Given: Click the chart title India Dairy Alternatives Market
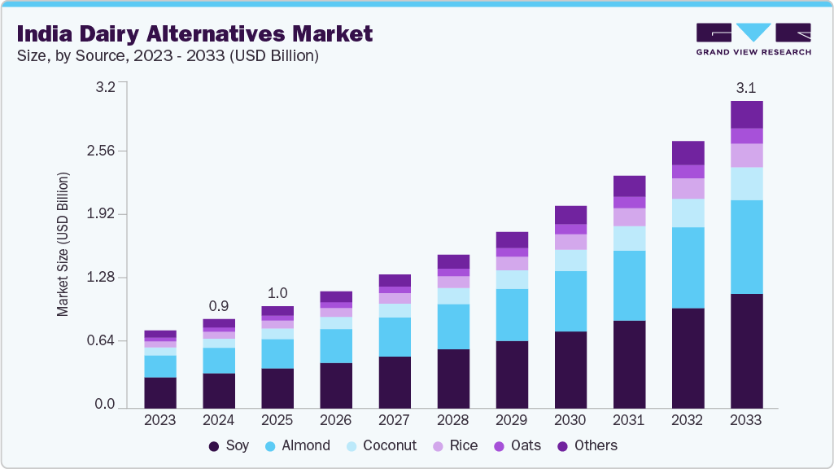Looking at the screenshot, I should coord(194,33).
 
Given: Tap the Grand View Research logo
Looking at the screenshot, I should coord(753,38).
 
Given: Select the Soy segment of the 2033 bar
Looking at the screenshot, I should coord(746,350).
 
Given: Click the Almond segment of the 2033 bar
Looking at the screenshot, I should coord(746,247).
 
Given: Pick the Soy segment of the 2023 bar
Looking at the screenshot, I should coord(160,392).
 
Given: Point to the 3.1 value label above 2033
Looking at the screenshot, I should coord(746,87).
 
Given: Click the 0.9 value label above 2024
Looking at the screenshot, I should coord(219,305).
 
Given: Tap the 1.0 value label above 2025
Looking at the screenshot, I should coord(277,293).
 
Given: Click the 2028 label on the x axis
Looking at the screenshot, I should coord(453,420).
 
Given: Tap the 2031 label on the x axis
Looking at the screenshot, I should coord(629,420).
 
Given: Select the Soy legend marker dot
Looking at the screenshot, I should coord(215,446).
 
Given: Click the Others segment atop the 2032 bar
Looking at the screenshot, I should coord(688,153).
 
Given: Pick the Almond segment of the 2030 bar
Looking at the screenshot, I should coord(570,301).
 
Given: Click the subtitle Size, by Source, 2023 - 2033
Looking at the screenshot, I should coord(167,56).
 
